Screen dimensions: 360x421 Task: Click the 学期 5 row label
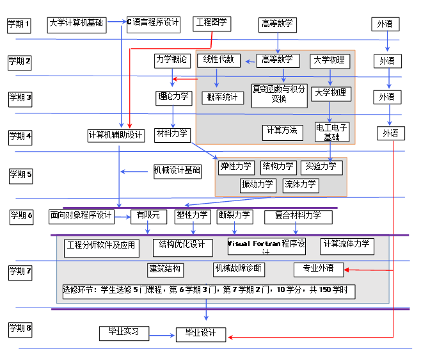pos(20,174)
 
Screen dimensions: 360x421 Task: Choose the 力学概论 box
pos(172,60)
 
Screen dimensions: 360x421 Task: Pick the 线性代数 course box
pos(219,60)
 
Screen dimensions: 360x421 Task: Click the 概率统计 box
pos(223,97)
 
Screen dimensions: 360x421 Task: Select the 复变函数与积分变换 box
pos(280,94)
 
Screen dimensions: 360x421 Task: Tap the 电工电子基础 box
pos(332,132)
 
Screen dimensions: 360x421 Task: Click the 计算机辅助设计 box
pos(116,135)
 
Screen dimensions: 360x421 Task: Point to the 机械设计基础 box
pos(177,170)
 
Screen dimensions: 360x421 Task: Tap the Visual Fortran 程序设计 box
pos(267,245)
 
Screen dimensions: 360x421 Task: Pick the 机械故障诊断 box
pos(239,268)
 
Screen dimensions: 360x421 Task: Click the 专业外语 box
pos(319,269)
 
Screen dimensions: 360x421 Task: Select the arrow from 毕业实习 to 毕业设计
pos(163,333)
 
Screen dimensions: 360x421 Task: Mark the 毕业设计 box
pos(200,334)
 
